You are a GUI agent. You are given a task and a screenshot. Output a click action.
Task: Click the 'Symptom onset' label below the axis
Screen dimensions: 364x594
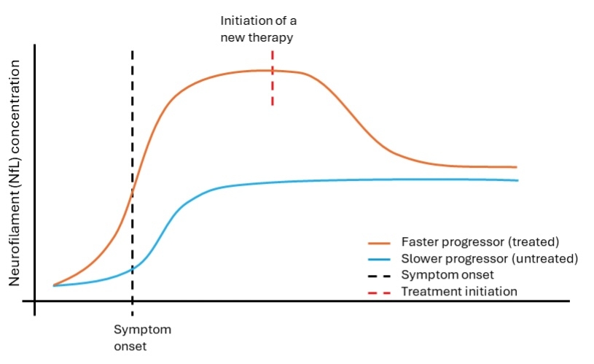142,338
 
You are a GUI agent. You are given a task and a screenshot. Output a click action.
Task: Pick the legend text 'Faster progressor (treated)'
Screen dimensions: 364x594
479,241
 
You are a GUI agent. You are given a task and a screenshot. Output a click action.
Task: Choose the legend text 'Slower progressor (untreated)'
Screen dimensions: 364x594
489,258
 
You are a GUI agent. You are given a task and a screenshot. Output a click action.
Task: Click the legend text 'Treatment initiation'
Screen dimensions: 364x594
458,291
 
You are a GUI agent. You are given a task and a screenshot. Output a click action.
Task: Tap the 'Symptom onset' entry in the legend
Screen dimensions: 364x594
448,275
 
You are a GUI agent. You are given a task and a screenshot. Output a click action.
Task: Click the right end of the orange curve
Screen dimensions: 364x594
515,167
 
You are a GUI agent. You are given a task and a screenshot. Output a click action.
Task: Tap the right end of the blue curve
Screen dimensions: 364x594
517,180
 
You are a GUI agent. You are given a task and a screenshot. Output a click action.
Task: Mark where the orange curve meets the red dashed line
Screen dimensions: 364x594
272,71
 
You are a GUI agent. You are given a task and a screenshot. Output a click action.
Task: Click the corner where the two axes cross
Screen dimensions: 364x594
34,301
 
